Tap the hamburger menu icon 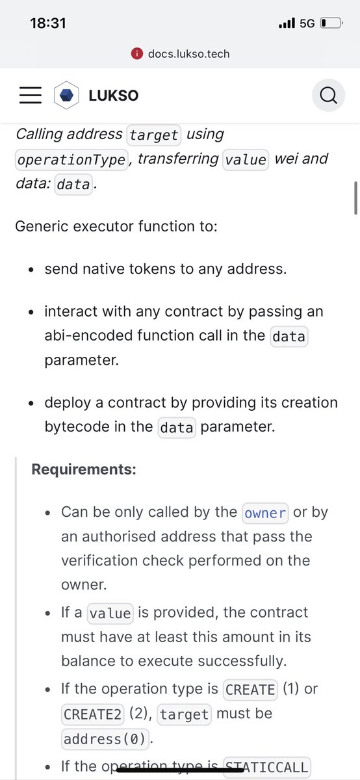click(31, 95)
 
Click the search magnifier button click(328, 95)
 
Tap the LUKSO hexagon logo click(66, 95)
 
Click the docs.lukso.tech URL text click(188, 53)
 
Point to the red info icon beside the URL click(137, 53)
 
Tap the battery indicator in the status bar click(331, 23)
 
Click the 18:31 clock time click(48, 23)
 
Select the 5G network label click(307, 23)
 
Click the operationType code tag click(71, 160)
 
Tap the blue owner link click(265, 513)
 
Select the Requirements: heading click(84, 469)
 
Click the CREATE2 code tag click(93, 714)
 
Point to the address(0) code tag click(105, 739)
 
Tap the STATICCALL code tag click(266, 767)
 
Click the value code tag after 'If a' click(110, 614)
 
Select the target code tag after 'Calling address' click(153, 135)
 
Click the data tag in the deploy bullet click(177, 428)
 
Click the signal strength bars click(287, 23)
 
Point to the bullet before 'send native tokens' click(31, 270)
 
